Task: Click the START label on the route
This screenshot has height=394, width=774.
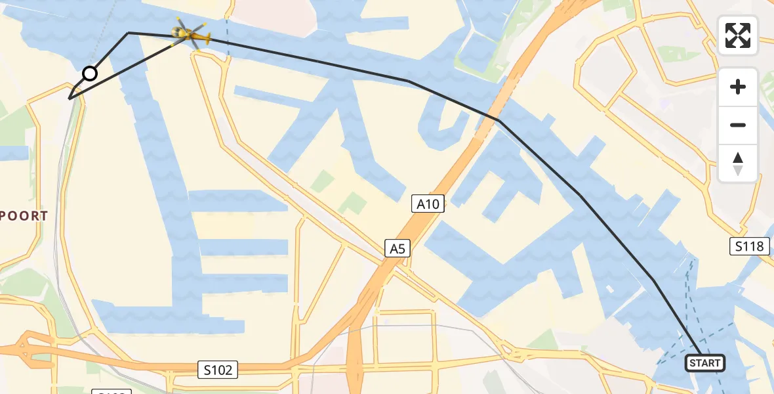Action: [x=705, y=363]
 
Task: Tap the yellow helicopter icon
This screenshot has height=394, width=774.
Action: [x=190, y=33]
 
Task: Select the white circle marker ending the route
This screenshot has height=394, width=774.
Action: [x=90, y=74]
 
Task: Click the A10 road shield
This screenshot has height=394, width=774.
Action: [x=428, y=204]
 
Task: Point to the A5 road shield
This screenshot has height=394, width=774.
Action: [x=397, y=249]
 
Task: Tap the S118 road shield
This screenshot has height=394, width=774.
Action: [x=749, y=246]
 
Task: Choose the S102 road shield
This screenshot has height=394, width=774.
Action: [x=217, y=370]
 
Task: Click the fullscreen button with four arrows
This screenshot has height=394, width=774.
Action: [x=738, y=35]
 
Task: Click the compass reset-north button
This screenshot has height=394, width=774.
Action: [x=738, y=164]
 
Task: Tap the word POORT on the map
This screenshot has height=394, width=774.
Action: [x=24, y=216]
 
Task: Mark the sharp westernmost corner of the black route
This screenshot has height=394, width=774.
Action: [x=70, y=98]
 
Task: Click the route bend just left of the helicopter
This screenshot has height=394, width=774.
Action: [x=129, y=32]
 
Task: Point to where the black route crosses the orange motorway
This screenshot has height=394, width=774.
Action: [x=499, y=121]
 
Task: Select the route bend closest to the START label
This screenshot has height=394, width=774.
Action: [x=653, y=281]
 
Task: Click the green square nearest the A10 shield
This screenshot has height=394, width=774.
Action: [x=352, y=203]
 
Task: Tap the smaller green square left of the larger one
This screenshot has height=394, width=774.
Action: [x=322, y=181]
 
